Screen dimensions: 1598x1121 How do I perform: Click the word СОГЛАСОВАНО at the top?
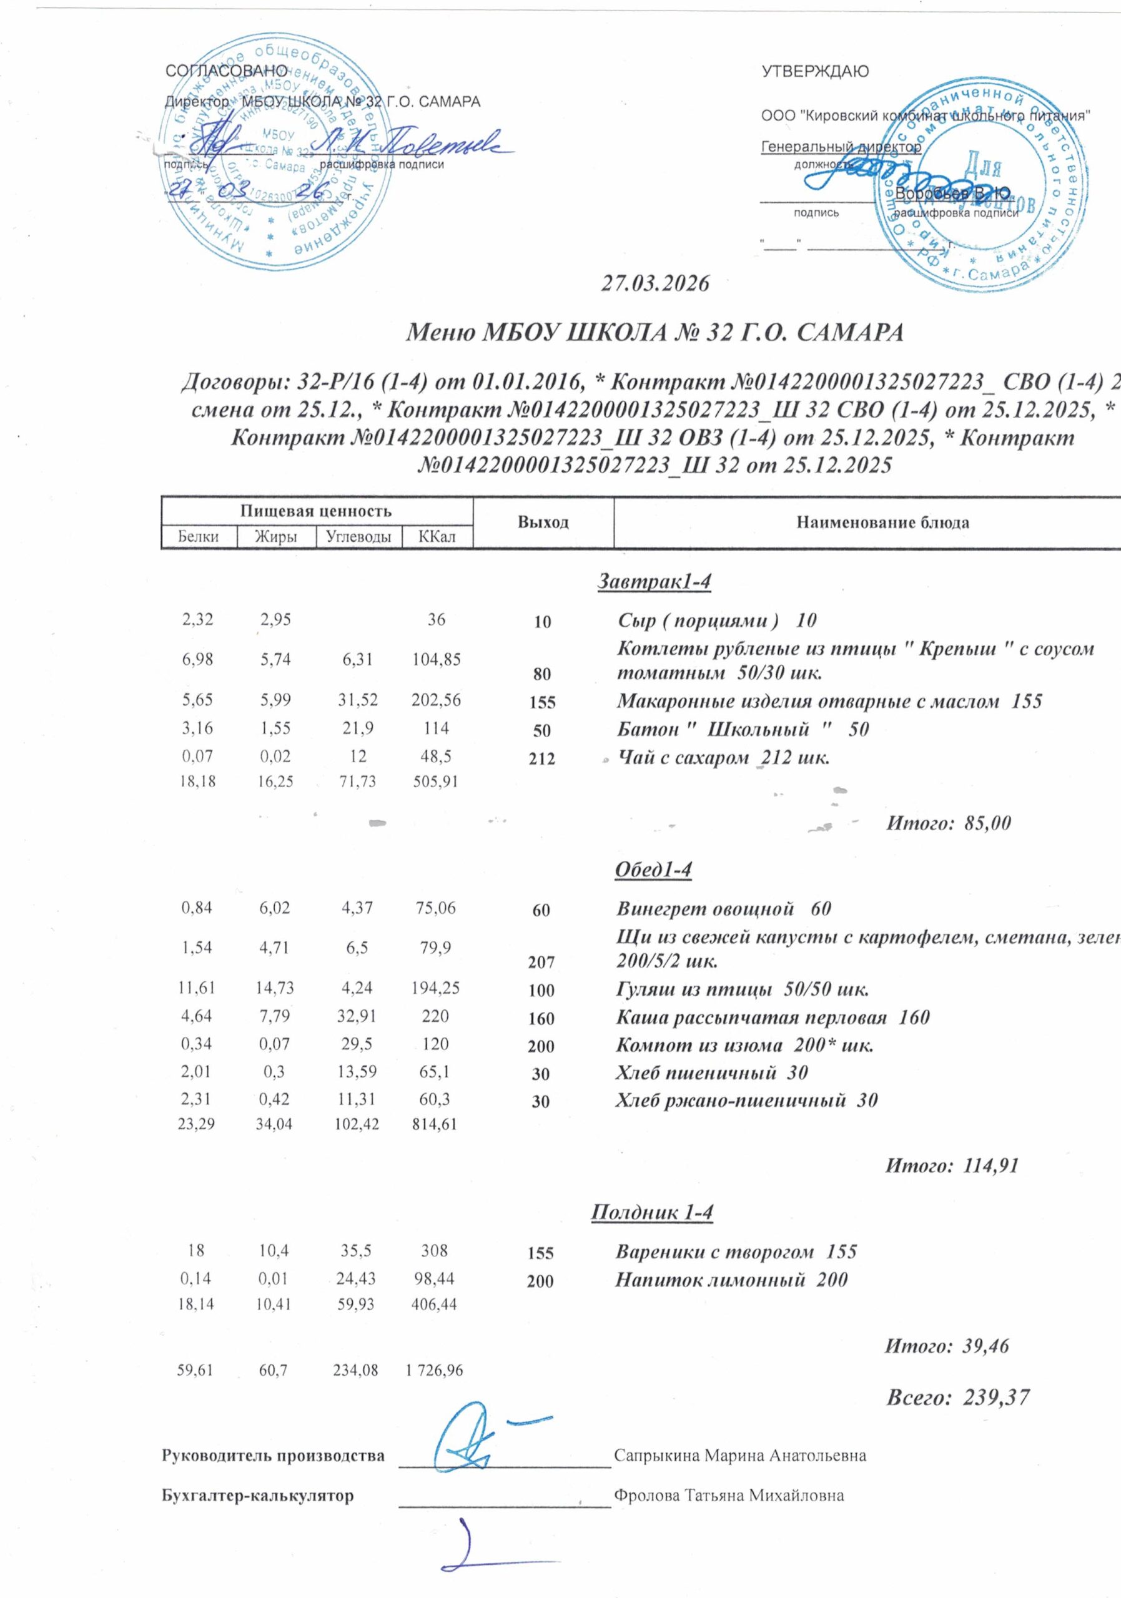(x=226, y=71)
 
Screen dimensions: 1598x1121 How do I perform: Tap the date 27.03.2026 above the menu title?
(x=654, y=284)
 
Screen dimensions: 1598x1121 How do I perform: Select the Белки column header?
(x=199, y=537)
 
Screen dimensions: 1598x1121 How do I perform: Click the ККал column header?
(x=437, y=537)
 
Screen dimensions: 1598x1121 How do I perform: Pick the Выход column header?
(x=543, y=522)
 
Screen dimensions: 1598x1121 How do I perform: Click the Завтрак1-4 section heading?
(x=654, y=582)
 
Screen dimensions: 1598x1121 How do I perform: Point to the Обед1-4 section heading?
(x=653, y=870)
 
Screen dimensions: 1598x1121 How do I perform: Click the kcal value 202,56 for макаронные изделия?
(x=436, y=701)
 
